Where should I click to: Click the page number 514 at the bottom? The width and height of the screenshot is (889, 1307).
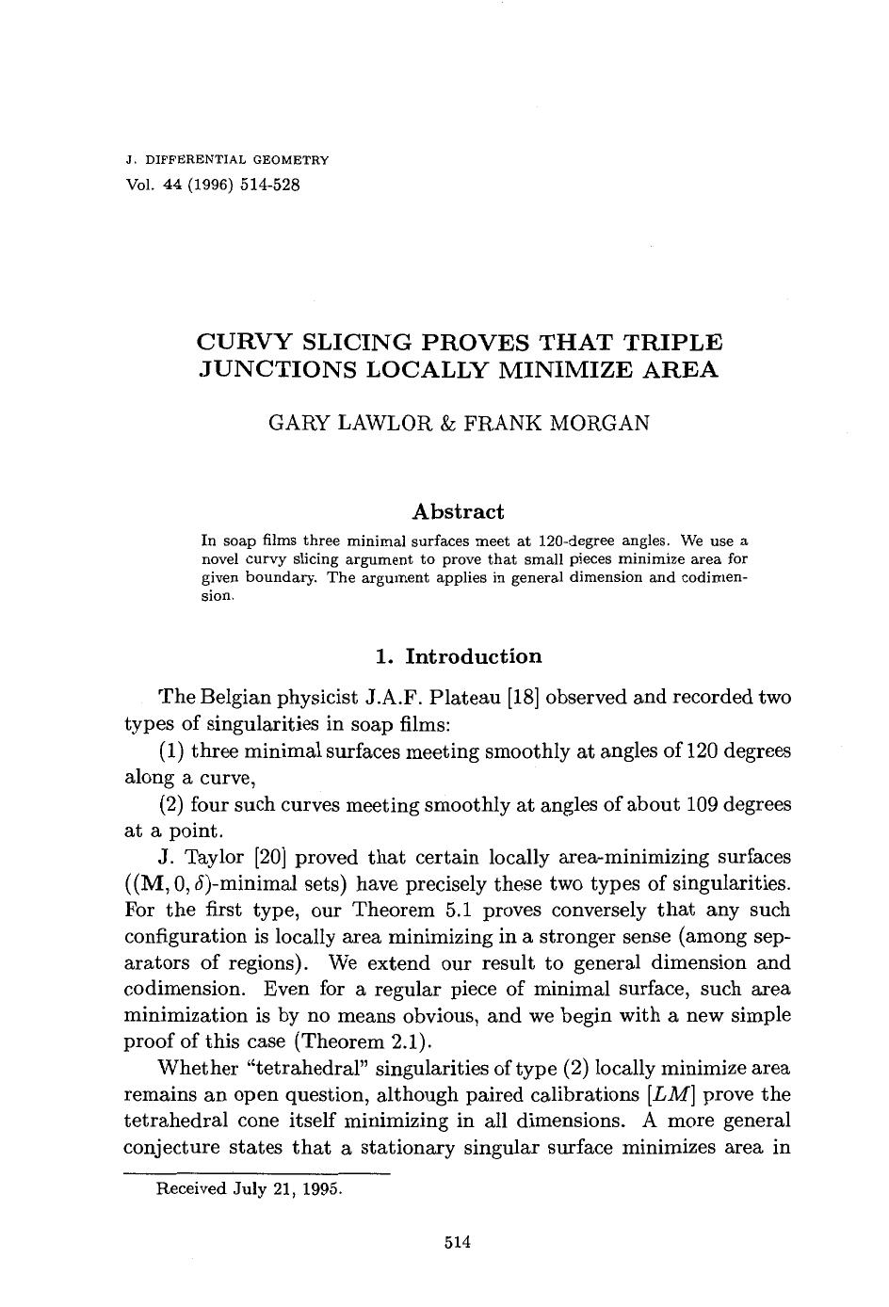point(457,1242)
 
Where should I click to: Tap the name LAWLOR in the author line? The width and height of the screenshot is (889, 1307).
point(371,423)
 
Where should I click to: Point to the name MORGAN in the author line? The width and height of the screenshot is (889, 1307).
point(599,423)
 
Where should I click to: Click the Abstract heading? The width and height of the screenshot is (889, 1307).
point(458,512)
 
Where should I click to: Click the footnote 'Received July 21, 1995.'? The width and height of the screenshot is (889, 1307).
point(249,1188)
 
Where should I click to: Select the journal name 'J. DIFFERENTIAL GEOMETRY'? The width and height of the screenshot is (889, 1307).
point(227,161)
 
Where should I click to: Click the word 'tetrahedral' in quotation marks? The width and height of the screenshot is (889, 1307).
point(309,1069)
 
